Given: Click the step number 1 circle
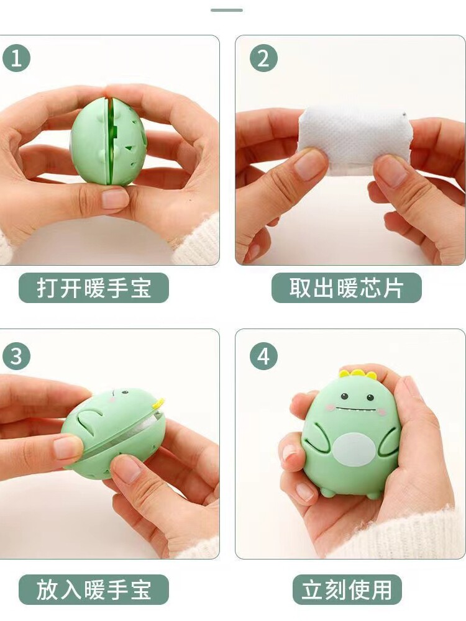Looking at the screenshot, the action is click(x=16, y=58).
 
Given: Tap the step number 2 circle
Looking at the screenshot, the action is click(x=263, y=58).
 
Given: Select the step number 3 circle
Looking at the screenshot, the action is click(x=16, y=356).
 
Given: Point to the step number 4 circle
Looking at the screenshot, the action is click(x=263, y=356).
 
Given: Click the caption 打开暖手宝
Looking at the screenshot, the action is click(x=94, y=288).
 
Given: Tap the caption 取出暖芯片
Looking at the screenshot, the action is click(x=346, y=288).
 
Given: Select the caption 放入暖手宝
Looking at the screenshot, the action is click(x=94, y=590).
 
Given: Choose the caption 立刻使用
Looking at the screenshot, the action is click(x=347, y=590).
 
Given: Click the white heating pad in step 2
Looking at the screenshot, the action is click(x=354, y=140).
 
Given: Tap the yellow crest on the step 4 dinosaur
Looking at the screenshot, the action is click(x=357, y=373).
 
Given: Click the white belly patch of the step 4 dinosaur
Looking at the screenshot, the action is click(x=354, y=450).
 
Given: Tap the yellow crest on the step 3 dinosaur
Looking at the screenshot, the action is click(x=158, y=404).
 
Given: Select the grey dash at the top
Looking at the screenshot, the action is click(x=227, y=10).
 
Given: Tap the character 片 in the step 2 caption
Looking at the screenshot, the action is click(x=393, y=288).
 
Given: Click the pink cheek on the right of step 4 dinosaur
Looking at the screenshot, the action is click(x=381, y=412).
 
